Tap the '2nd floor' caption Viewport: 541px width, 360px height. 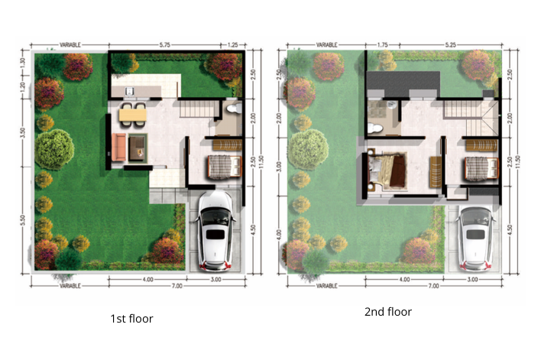(388, 312)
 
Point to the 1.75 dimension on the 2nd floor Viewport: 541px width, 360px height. (382, 45)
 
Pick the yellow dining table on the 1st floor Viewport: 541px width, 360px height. (134, 115)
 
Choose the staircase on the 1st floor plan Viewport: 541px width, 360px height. (196, 112)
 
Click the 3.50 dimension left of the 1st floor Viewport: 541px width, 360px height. (22, 131)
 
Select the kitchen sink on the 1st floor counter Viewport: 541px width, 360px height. (130, 92)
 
